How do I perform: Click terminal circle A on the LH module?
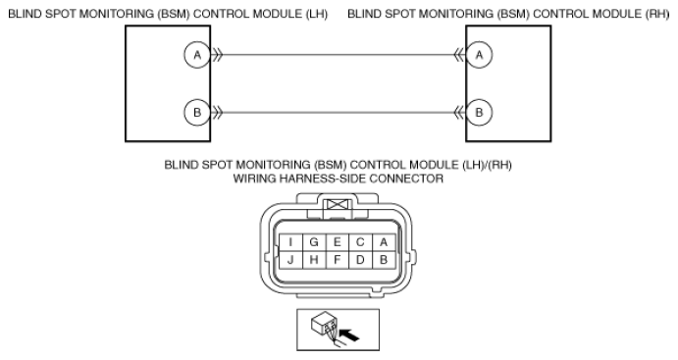197,56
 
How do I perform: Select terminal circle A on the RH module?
479,56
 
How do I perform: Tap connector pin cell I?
290,241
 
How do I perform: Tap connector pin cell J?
290,260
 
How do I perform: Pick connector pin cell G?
314,241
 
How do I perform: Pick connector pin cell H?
314,260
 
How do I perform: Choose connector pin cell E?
338,241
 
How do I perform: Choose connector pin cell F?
338,260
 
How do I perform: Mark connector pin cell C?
361,241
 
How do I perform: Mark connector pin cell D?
361,260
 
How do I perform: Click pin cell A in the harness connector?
384,241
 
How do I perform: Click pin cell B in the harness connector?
384,260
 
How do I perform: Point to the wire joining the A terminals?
339,56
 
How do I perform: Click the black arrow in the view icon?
346,334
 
